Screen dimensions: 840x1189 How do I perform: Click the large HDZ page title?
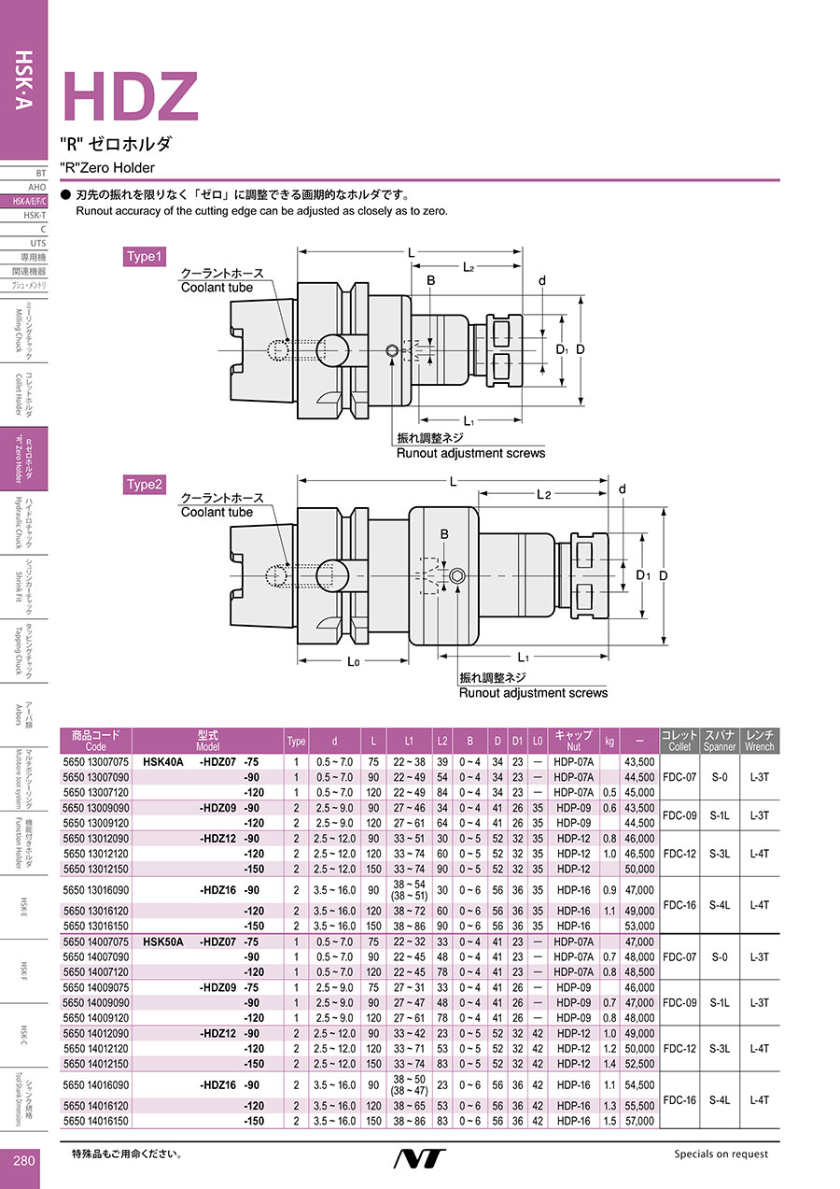(131, 97)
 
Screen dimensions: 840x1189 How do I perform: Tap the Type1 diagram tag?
(145, 256)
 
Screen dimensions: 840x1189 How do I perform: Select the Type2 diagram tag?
(145, 484)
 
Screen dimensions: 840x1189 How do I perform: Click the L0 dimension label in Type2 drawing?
(353, 661)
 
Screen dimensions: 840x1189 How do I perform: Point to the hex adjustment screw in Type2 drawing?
(457, 576)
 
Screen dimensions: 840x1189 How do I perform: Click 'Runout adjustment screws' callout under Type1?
(471, 453)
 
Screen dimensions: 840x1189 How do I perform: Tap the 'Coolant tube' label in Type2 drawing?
(217, 512)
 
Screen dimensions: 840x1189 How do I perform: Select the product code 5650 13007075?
(95, 762)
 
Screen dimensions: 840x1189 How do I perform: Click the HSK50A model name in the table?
(163, 941)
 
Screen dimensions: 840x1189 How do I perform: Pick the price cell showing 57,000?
(639, 1121)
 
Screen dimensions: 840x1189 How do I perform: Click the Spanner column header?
(720, 741)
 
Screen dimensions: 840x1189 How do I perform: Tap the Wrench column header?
(760, 741)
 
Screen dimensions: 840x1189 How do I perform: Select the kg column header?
(609, 741)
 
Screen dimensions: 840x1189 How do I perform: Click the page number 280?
(24, 1160)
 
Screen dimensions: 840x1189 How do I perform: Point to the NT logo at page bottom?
(419, 1159)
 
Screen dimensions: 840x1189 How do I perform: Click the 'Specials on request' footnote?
(721, 1154)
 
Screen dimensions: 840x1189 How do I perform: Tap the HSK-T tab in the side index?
(35, 215)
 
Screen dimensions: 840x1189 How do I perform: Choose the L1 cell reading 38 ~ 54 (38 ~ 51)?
(409, 889)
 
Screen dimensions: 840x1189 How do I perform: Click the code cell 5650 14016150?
(95, 1121)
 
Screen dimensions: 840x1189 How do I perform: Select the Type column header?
(297, 741)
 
